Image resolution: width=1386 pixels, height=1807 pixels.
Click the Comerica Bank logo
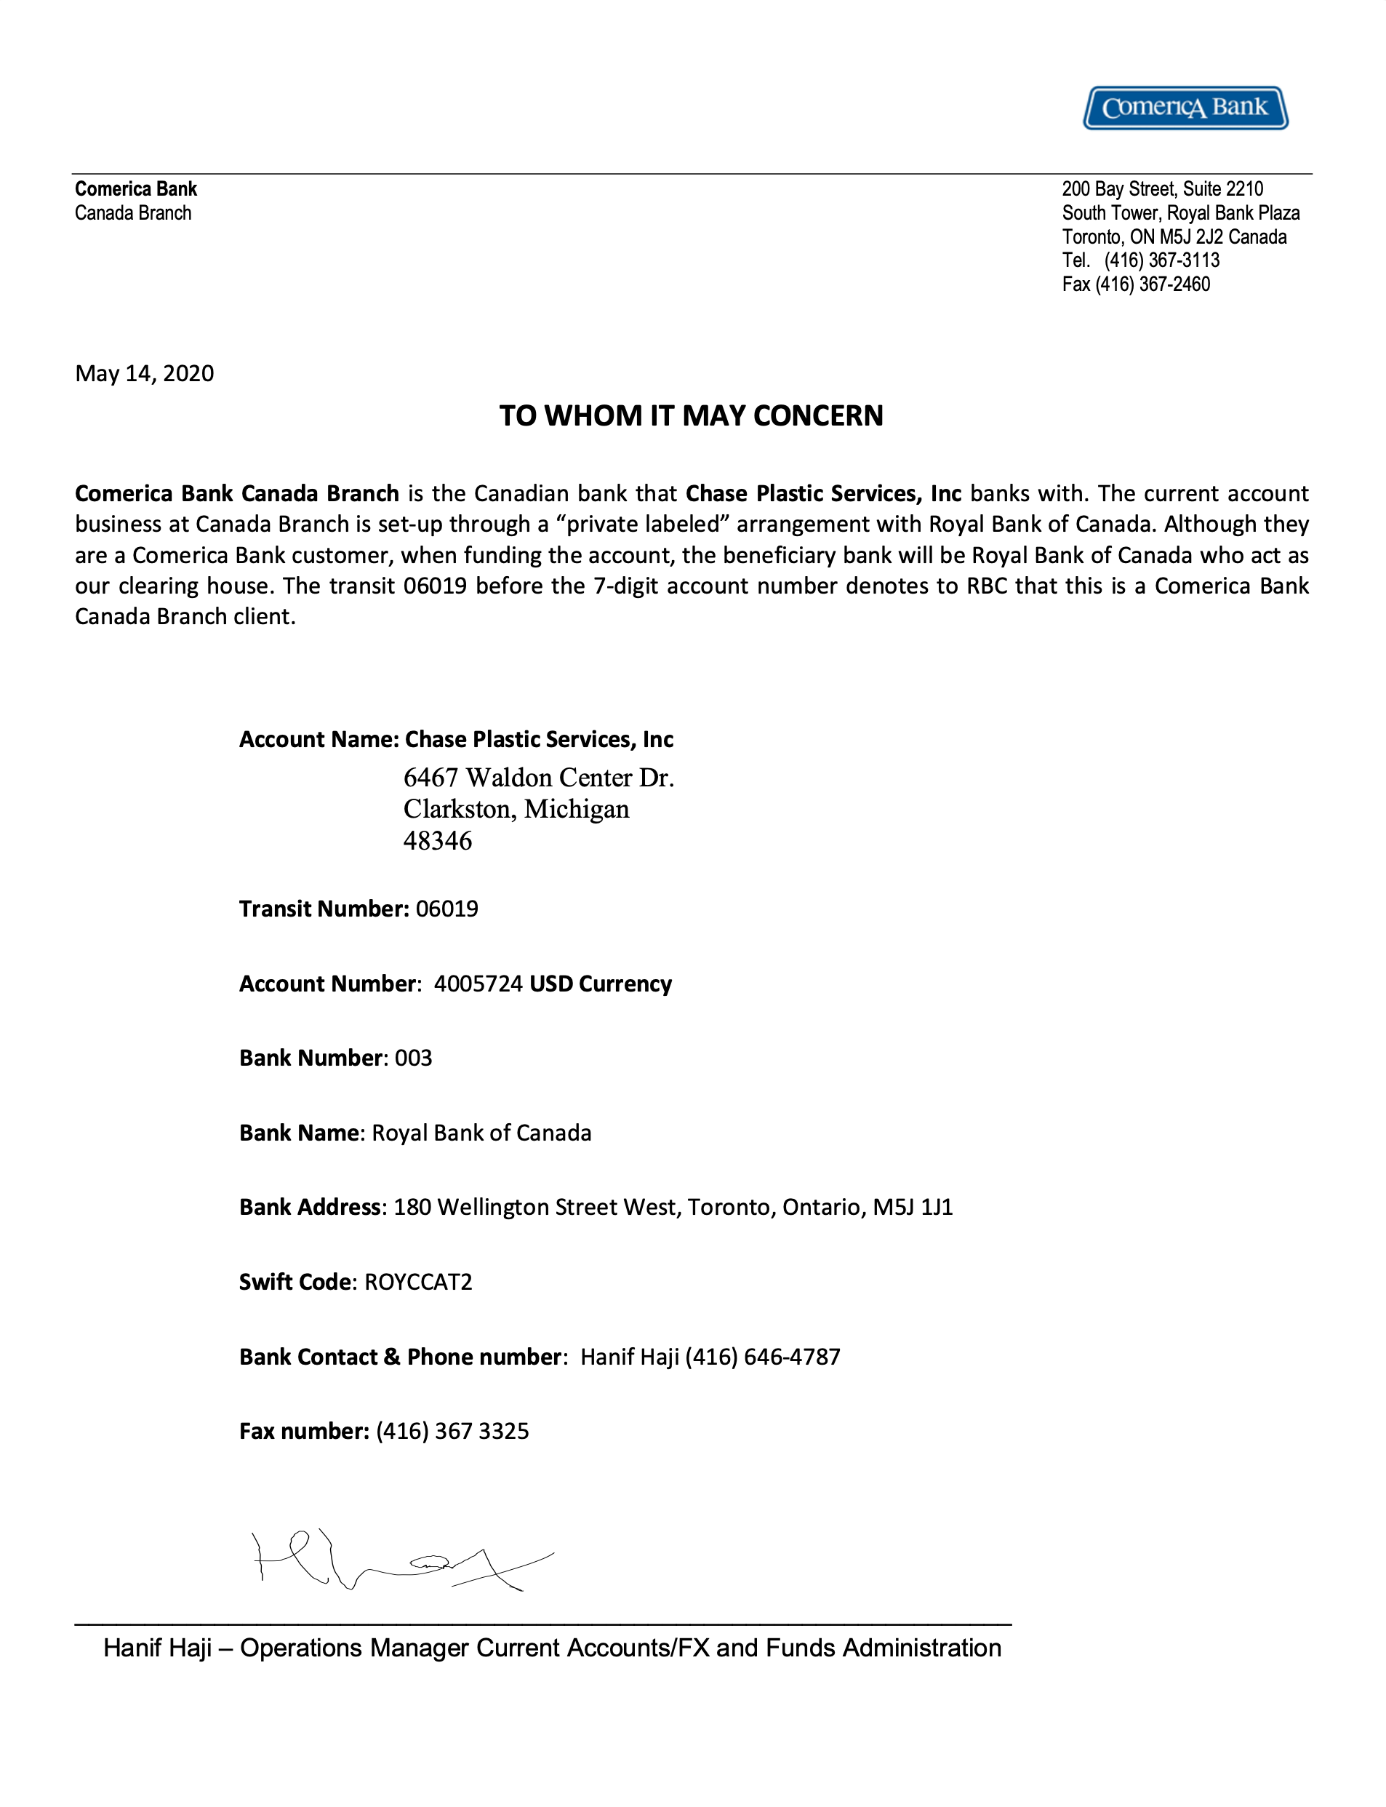[x=1185, y=107]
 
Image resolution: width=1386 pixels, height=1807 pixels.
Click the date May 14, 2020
[x=145, y=374]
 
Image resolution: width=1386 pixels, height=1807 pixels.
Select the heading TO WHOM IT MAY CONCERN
[x=692, y=416]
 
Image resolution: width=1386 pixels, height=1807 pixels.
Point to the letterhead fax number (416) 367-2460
[x=1153, y=284]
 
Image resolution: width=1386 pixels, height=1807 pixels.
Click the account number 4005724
[x=478, y=984]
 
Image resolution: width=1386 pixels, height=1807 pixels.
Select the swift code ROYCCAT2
[x=418, y=1281]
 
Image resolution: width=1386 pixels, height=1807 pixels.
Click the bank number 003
[x=413, y=1058]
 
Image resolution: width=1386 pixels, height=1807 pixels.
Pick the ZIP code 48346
[x=437, y=841]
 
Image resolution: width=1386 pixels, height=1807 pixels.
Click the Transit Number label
[x=324, y=909]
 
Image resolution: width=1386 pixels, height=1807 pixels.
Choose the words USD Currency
[x=601, y=984]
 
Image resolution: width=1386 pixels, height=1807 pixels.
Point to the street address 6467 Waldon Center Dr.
[x=538, y=777]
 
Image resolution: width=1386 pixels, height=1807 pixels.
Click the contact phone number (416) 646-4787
[x=762, y=1357]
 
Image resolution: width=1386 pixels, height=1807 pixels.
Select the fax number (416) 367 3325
[x=452, y=1431]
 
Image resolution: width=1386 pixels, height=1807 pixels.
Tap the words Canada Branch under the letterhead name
[x=133, y=213]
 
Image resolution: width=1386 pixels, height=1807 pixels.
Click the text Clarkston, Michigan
[x=516, y=810]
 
